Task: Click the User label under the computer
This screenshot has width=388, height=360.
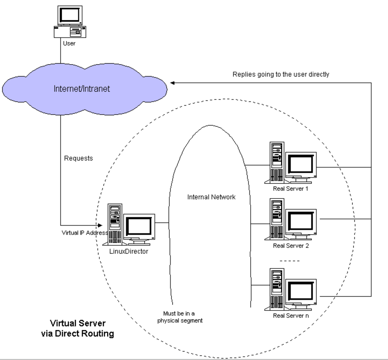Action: (69, 43)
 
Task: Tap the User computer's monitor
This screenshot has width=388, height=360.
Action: (70, 16)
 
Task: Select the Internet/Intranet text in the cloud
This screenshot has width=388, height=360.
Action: (82, 89)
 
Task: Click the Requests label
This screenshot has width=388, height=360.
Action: (78, 158)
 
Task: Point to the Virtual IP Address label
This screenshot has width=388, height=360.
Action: (85, 233)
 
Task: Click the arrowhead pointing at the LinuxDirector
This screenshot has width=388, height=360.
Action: (100, 225)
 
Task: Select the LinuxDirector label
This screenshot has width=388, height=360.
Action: (129, 251)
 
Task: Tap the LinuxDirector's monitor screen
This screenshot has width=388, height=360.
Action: (139, 227)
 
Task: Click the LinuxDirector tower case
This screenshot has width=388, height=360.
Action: (115, 224)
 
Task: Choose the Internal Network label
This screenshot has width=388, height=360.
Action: (211, 197)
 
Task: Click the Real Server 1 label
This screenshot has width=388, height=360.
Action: (291, 189)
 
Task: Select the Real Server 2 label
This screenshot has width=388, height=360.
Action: (291, 246)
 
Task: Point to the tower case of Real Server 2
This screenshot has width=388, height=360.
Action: (277, 219)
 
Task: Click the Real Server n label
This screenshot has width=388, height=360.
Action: (291, 316)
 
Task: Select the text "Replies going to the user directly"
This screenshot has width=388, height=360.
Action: (281, 74)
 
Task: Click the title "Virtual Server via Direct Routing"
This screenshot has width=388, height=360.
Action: (78, 328)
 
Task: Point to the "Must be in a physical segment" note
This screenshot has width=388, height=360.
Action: (180, 317)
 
